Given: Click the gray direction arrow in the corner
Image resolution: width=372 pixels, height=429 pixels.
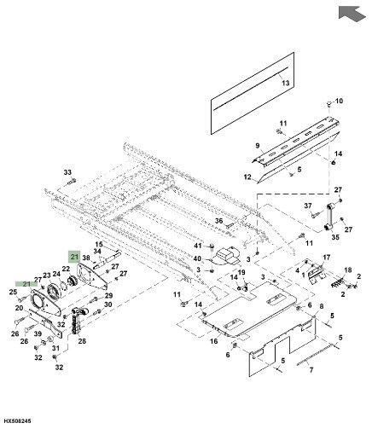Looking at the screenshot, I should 350,13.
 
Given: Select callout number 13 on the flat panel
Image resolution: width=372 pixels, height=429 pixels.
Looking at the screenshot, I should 286,82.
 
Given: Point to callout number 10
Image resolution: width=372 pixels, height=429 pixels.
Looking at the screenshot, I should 339,101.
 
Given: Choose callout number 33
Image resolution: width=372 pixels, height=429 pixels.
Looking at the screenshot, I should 68,172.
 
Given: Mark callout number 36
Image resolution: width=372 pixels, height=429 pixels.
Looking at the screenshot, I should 218,221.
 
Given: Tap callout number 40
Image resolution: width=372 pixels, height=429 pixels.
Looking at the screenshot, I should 197,258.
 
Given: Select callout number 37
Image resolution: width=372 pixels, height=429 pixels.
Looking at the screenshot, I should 309,206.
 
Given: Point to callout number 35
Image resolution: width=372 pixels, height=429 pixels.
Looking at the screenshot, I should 335,238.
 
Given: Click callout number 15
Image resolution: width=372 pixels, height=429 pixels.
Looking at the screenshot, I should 98,244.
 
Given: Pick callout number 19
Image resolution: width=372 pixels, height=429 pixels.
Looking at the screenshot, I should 241,273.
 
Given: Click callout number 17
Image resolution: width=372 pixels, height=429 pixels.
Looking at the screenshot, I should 325,258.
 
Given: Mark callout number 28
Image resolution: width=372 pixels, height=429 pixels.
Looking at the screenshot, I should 82,340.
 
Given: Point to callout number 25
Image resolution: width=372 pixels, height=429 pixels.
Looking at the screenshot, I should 14,293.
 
